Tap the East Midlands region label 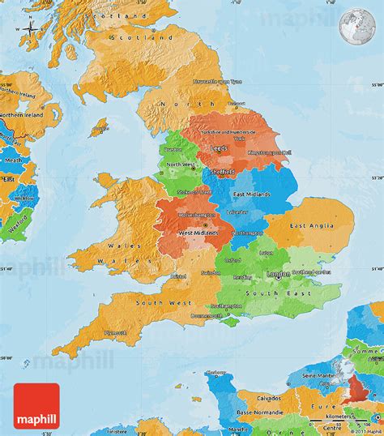tap(253, 194)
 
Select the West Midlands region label tap(197, 233)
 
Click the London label tap(277, 274)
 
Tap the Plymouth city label tap(115, 332)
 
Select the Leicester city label tap(239, 211)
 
